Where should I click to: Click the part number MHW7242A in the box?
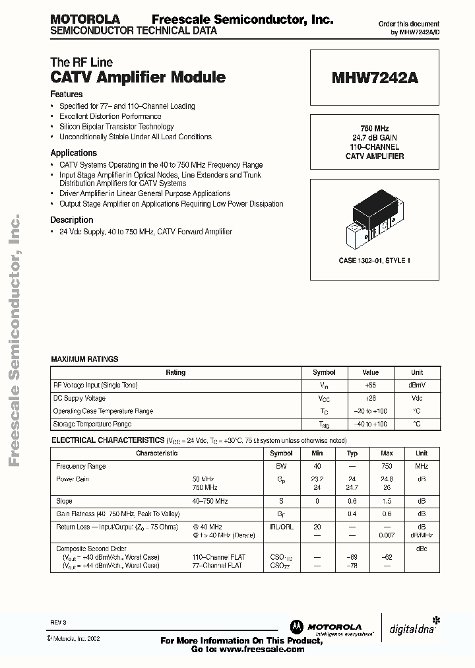[375, 78]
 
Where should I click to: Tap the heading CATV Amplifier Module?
[138, 77]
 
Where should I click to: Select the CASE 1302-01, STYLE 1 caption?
[375, 261]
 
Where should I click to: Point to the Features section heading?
[67, 94]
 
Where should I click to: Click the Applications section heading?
[73, 152]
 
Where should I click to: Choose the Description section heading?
[72, 220]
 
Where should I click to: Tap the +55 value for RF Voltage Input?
[371, 385]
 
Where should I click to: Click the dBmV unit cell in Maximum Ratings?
[417, 385]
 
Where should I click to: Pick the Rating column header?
[175, 372]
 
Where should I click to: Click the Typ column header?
[352, 453]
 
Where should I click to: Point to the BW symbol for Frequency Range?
[281, 466]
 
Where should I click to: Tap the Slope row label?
[65, 502]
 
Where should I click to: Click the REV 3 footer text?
[58, 622]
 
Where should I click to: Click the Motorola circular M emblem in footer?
[296, 627]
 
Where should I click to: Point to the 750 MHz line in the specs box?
[375, 128]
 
